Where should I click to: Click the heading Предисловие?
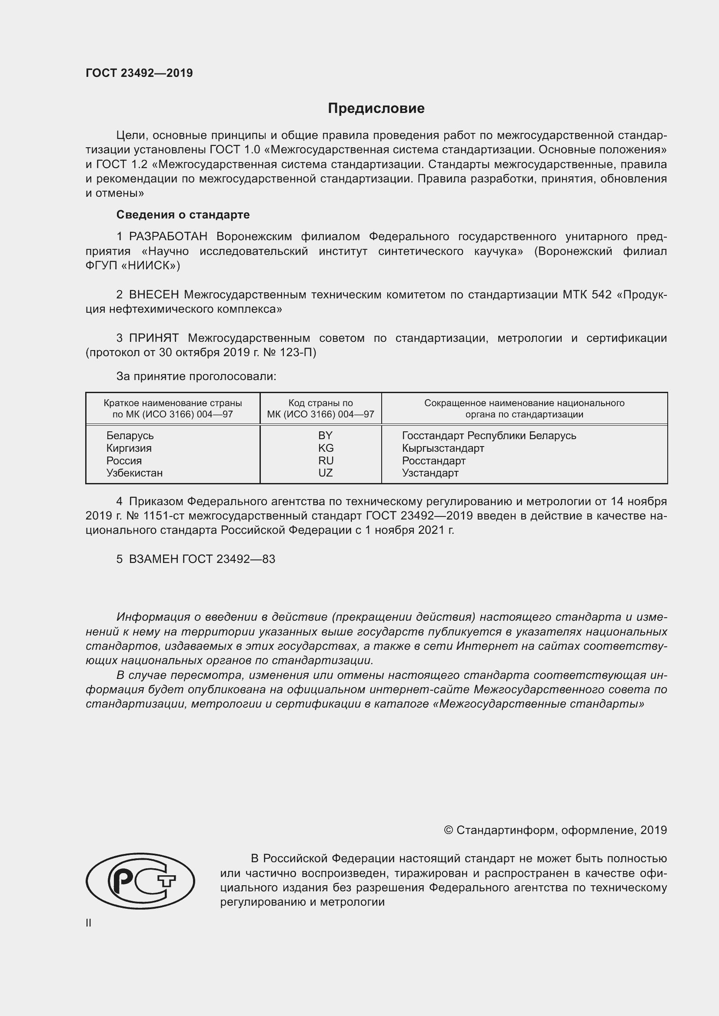coord(376,108)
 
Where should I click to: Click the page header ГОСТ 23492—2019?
coord(139,73)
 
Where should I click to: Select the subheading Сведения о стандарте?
coord(183,215)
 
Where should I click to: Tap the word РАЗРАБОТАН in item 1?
coord(168,237)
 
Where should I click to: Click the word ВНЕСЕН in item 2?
coord(154,295)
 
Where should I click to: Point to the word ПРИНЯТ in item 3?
coord(153,338)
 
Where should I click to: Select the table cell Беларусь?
coord(130,435)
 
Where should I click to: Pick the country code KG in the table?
coord(326,448)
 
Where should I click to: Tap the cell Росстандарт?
coord(433,460)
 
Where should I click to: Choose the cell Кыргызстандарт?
coord(443,448)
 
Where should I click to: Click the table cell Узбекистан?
coord(134,473)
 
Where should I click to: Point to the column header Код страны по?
coord(320,403)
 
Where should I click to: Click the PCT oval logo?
coord(140,881)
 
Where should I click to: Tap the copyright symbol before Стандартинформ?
coord(448,831)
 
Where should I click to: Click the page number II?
coord(89,923)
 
